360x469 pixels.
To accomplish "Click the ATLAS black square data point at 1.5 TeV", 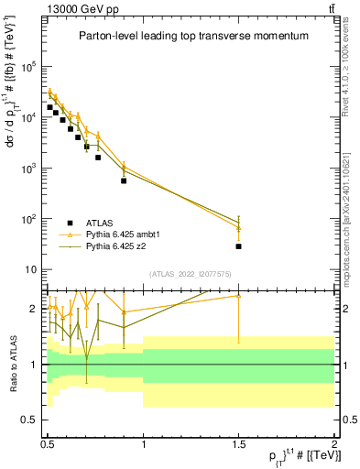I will (x=238, y=246).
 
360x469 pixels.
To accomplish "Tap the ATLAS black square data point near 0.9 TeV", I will (x=124, y=180).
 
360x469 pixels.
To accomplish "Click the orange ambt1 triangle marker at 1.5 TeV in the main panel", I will (x=238, y=227).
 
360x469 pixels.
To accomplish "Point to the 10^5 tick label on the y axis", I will (x=31, y=67).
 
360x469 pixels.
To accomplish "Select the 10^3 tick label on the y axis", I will (x=31, y=169).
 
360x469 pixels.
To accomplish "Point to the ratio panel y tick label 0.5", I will (x=31, y=420).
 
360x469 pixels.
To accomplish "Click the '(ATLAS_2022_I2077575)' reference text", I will (x=191, y=274).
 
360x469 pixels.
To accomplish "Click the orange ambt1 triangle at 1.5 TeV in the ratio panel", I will (x=238, y=295).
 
